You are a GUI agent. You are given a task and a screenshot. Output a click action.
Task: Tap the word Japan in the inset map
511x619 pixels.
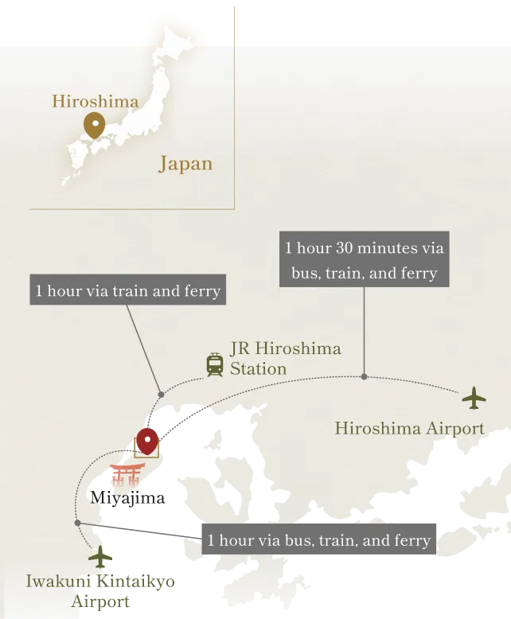pos(185,164)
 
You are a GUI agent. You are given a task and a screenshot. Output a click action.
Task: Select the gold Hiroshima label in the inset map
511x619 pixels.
pos(95,101)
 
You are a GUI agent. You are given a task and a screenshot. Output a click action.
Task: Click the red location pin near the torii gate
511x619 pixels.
pos(146,440)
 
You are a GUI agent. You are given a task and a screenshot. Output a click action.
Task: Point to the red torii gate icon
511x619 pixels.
pos(127,475)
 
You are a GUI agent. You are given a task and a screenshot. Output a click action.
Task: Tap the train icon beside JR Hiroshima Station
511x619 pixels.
pos(215,364)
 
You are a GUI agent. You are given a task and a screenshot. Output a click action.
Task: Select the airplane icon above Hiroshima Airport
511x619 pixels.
pos(474,398)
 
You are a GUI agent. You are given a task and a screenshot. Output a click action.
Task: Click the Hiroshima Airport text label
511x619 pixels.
pos(409,429)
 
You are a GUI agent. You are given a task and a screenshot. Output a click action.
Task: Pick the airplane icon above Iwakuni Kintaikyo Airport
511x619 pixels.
pos(100,555)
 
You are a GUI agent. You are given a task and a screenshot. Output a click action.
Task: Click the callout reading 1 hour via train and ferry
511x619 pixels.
pos(128,290)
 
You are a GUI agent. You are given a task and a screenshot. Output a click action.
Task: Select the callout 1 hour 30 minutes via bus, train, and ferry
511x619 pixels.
pos(364,260)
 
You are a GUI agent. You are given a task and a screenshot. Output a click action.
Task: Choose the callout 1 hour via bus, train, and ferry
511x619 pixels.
pos(318,541)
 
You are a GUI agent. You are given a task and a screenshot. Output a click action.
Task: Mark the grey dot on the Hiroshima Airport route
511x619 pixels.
pos(364,376)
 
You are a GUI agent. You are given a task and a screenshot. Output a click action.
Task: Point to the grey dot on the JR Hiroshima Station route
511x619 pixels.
pos(161,394)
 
